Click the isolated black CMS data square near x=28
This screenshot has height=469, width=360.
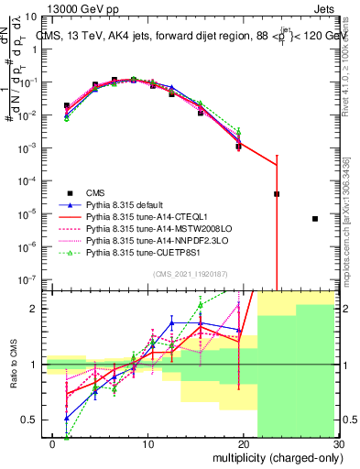point(314,219)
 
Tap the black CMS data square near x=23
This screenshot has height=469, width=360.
point(277,194)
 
